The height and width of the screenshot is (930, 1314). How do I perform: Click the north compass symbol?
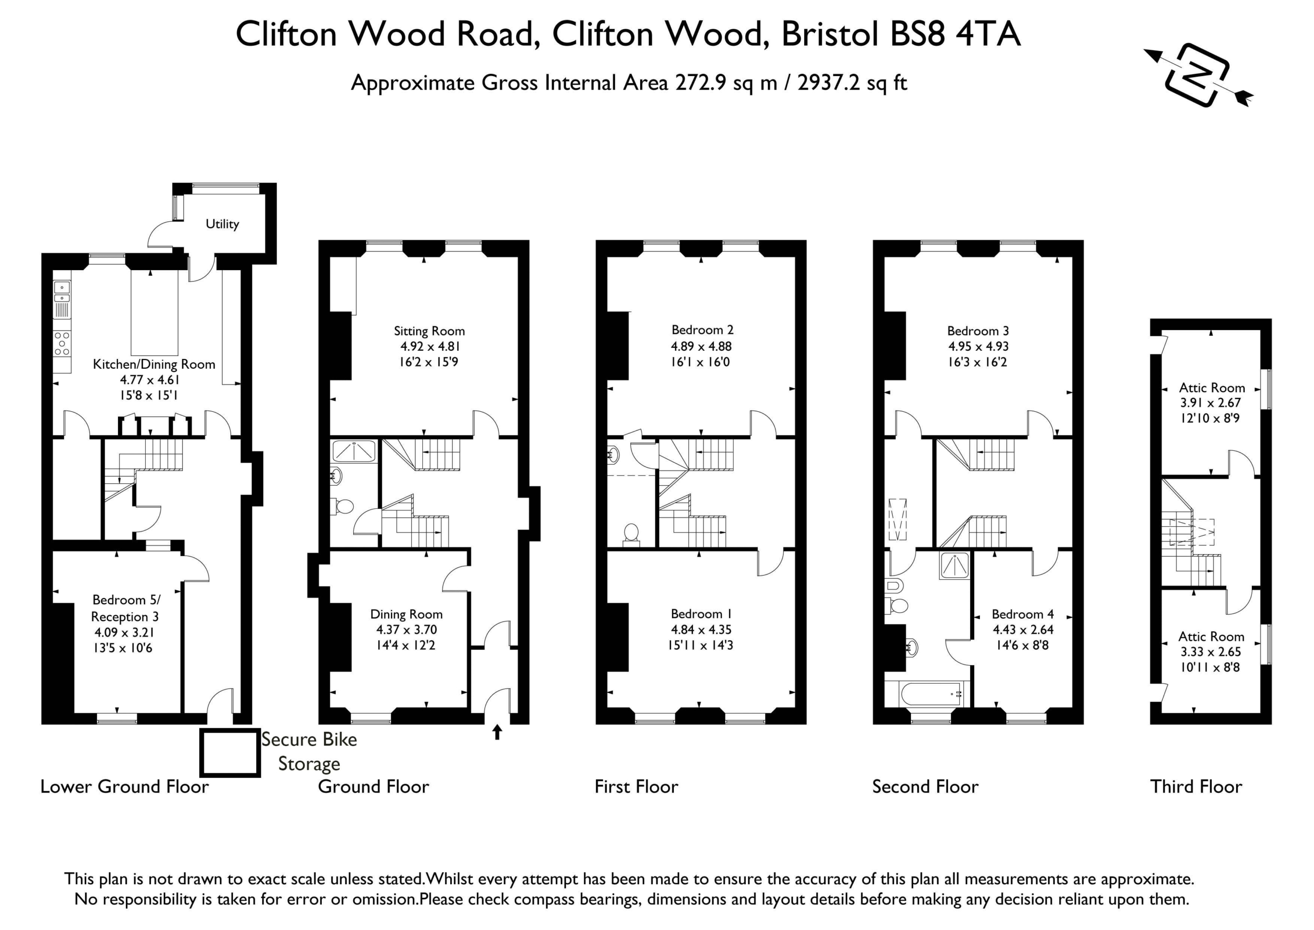[x=1199, y=75]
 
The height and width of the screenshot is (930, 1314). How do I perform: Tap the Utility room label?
[x=222, y=224]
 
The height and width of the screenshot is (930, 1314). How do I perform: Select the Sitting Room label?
[x=429, y=331]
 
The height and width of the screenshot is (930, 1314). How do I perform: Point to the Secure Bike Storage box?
[x=230, y=752]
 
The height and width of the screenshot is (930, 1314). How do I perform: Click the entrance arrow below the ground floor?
[x=497, y=732]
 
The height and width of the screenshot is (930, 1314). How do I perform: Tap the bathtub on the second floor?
[x=926, y=694]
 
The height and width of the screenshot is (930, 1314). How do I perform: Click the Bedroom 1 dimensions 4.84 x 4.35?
[x=701, y=630]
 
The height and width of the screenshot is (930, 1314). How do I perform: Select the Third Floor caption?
[x=1196, y=786]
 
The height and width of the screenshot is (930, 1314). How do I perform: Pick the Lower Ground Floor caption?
[x=124, y=786]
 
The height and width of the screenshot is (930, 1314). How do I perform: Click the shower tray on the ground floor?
[x=354, y=451]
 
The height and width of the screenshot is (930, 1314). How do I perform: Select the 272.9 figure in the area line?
[x=701, y=83]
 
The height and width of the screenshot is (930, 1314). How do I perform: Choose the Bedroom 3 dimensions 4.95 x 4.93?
[x=978, y=347]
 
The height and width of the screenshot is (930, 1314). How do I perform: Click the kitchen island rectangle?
[x=154, y=313]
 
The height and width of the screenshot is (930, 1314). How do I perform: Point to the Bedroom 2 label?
[x=702, y=330]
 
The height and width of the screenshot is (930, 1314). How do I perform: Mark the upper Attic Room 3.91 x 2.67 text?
[x=1211, y=403]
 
